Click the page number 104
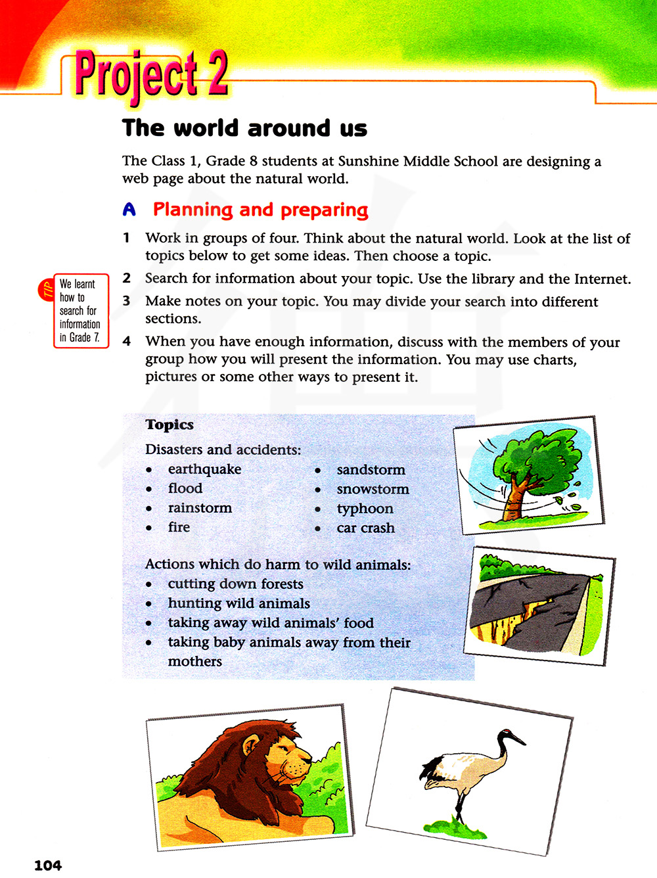click(x=48, y=866)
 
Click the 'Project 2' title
click(x=152, y=75)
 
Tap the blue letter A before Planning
click(x=129, y=210)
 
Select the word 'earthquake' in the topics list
click(x=204, y=469)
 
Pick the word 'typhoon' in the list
click(x=365, y=509)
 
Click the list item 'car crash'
click(x=365, y=528)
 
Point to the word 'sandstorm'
click(x=371, y=470)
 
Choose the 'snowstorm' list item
click(x=373, y=489)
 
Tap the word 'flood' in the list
click(x=185, y=488)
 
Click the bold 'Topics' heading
click(x=170, y=425)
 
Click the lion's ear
click(x=252, y=745)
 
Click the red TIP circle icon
click(x=46, y=290)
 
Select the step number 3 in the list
click(x=127, y=301)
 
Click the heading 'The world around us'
click(x=244, y=128)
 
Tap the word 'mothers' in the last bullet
click(x=194, y=662)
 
